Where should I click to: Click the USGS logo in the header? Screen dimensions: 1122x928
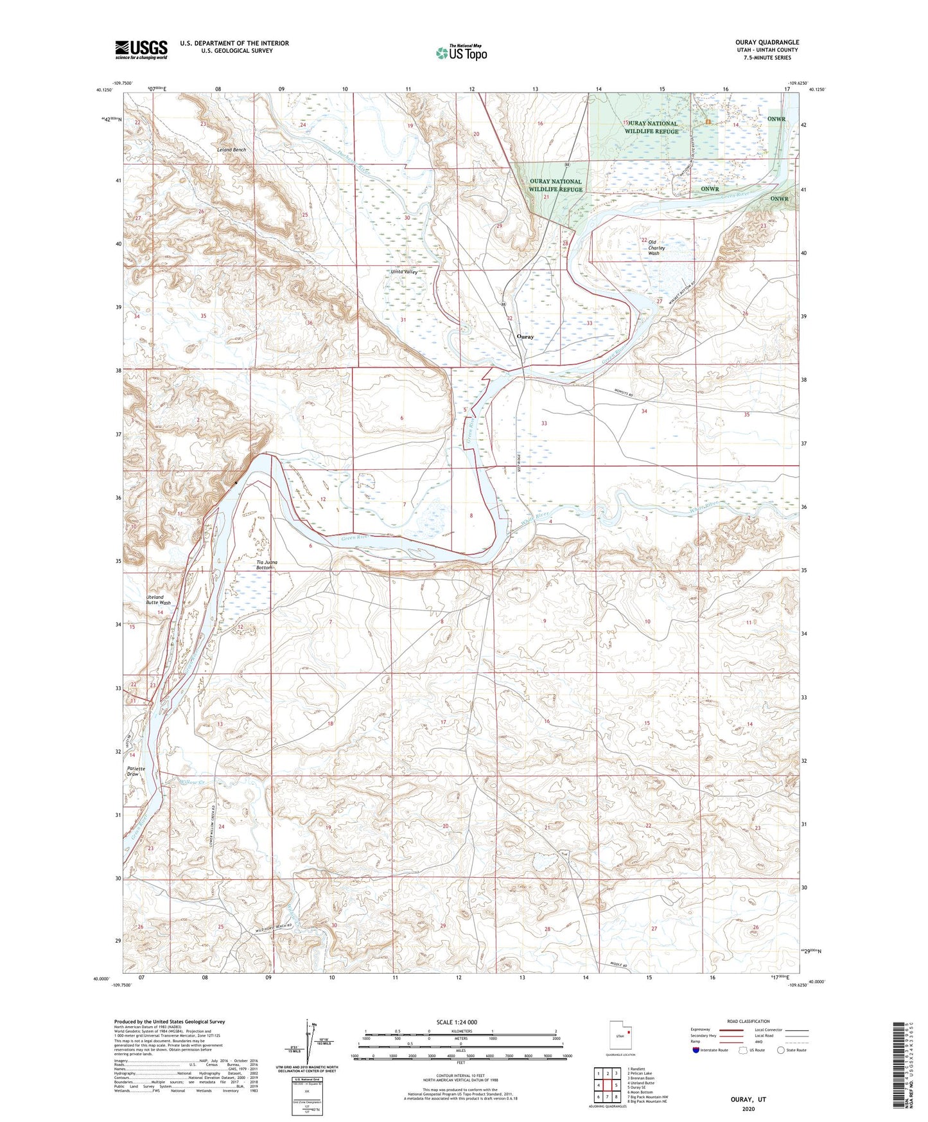141,49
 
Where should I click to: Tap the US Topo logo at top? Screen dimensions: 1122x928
461,53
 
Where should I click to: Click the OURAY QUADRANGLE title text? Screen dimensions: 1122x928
767,42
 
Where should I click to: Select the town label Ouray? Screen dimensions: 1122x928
525,337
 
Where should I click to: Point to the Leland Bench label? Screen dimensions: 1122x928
231,150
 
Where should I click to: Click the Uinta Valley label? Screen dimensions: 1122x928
405,272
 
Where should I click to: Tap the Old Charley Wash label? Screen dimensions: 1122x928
653,247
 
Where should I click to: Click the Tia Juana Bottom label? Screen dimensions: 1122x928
265,565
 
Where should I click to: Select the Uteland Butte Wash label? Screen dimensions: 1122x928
158,600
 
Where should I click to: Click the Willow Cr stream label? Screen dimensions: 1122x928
192,782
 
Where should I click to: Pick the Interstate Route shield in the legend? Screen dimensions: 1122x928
697,1051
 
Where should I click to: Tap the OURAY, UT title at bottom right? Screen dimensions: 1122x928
748,1100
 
